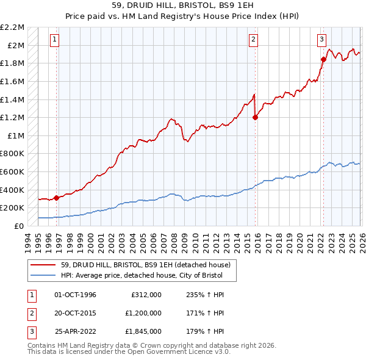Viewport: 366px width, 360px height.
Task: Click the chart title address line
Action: coord(182,6)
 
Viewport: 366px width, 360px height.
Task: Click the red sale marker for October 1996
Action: coord(57,198)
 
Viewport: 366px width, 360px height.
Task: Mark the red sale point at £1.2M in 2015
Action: coord(255,118)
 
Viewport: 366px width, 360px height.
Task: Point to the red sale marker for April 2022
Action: coord(323,59)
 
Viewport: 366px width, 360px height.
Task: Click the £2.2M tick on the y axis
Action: coord(12,27)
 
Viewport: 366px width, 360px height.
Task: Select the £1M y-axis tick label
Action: coord(16,135)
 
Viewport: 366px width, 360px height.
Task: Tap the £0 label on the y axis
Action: coord(20,226)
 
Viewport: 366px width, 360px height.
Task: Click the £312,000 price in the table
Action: coord(146,295)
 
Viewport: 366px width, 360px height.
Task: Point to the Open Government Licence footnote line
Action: coord(129,352)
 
